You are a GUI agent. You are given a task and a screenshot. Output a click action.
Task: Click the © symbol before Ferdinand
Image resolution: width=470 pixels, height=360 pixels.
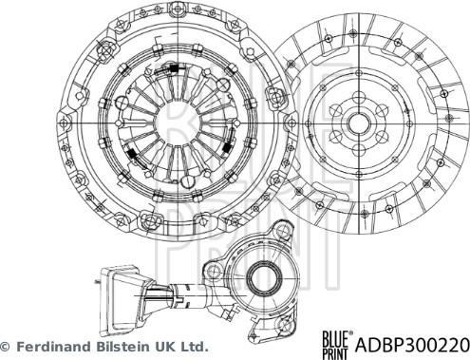pyautogui.click(x=5, y=348)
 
